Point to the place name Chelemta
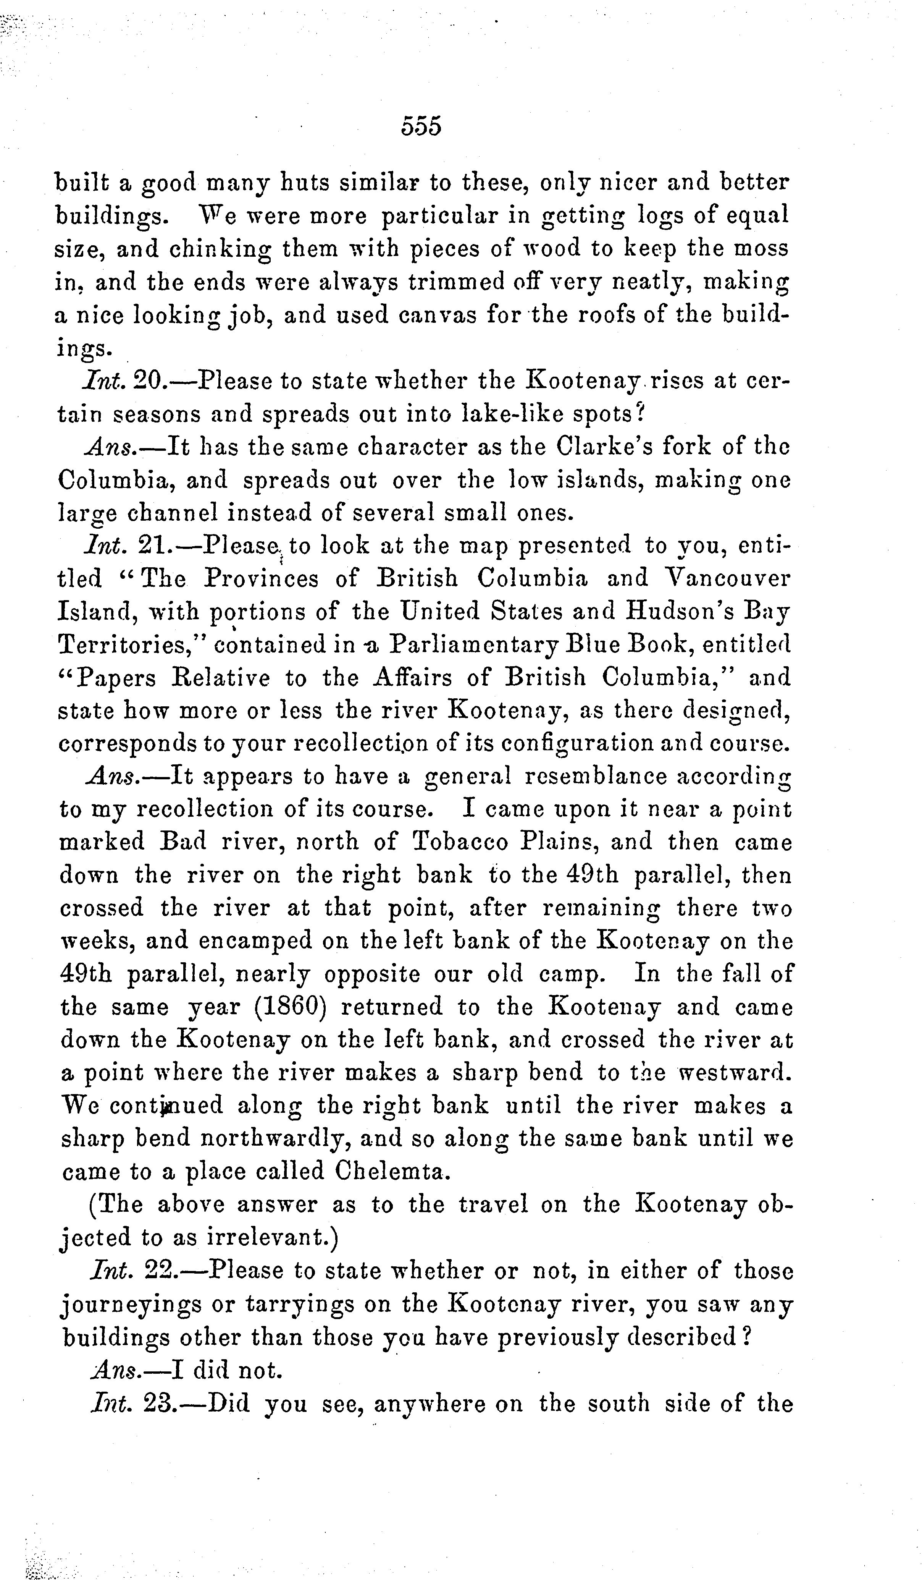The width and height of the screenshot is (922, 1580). pos(392,1170)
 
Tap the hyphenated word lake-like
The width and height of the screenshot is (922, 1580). pos(512,414)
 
